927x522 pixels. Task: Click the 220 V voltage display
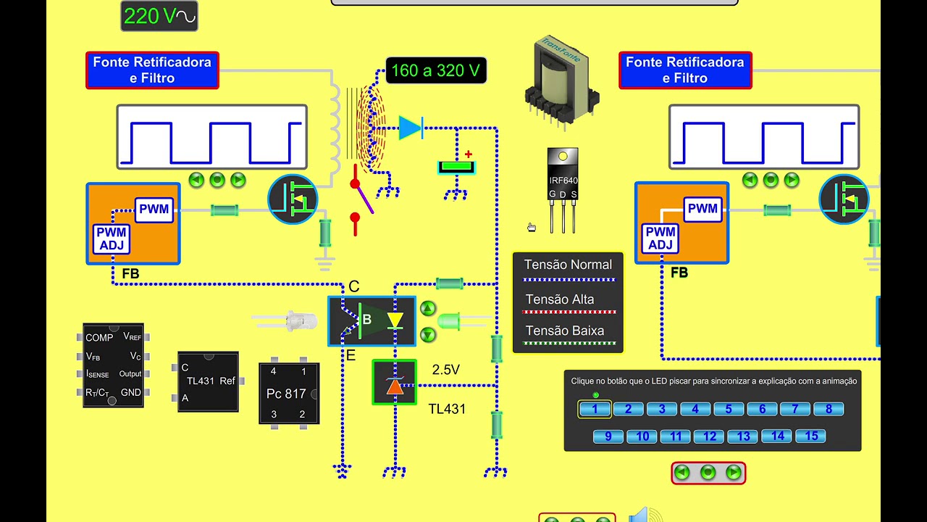coord(159,17)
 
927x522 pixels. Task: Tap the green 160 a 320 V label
coord(435,70)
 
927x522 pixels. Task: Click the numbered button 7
coord(795,410)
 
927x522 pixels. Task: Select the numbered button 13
coord(743,436)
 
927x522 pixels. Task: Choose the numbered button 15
coord(811,436)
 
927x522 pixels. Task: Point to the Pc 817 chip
coord(289,393)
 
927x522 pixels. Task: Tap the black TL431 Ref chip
coord(208,381)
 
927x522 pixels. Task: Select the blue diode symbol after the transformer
coord(411,128)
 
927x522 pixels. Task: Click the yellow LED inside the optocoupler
coord(395,320)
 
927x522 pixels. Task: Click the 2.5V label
coord(445,370)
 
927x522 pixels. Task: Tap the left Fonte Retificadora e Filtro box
coord(152,70)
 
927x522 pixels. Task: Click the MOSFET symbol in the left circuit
coord(293,199)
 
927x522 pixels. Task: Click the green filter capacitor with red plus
coord(456,167)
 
